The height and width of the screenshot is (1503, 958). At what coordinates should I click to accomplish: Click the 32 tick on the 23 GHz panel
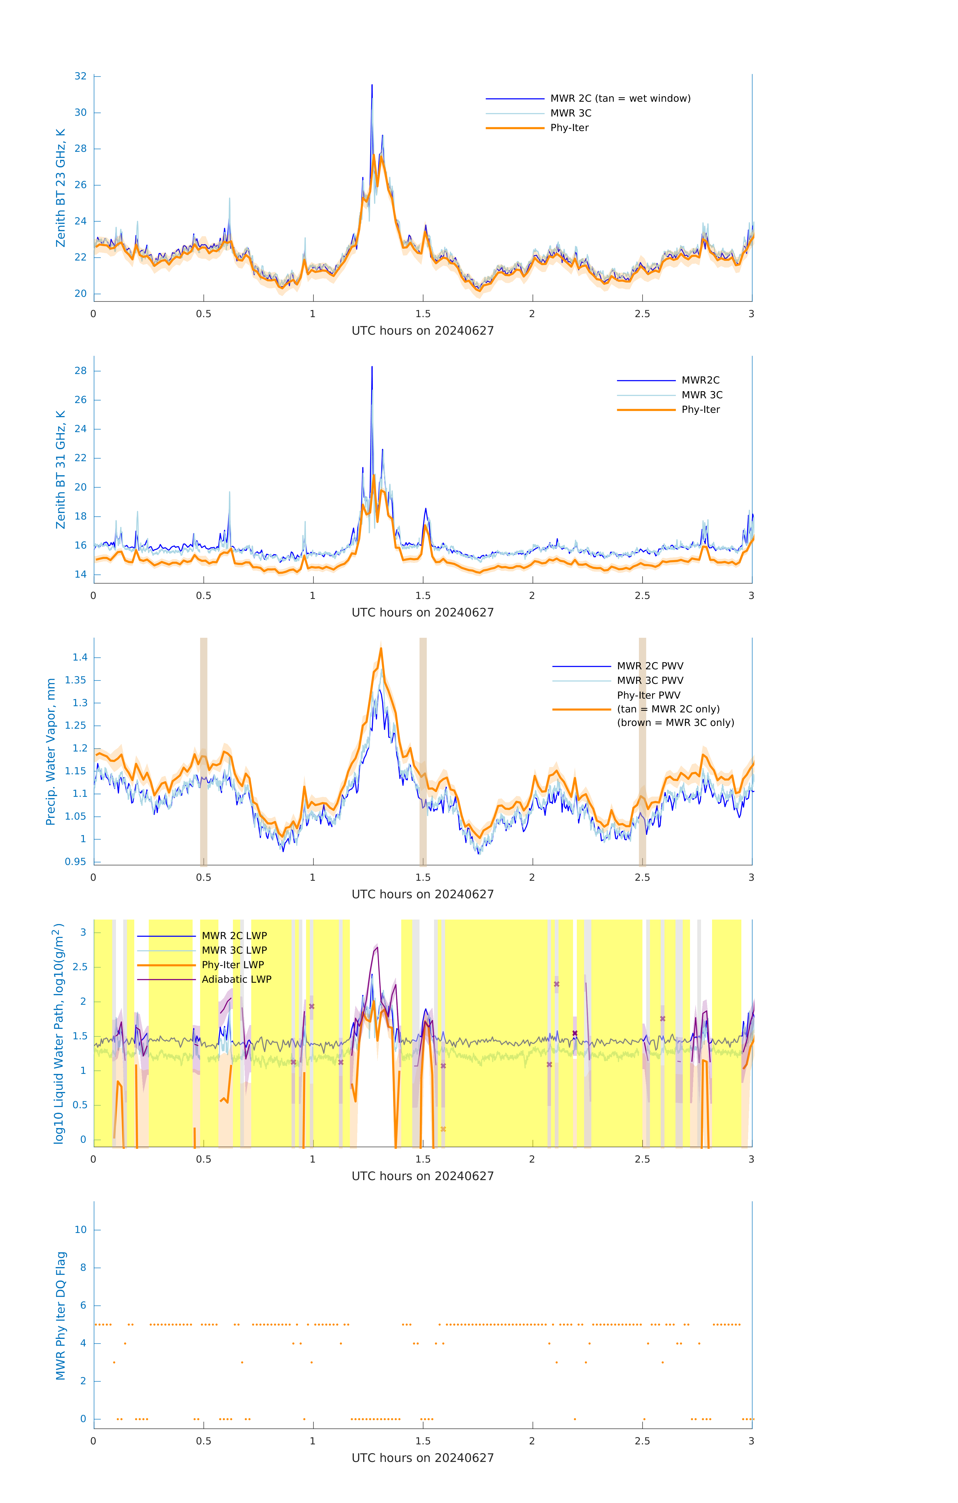click(x=80, y=76)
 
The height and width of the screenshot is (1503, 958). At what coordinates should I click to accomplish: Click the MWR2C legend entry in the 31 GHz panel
click(x=700, y=380)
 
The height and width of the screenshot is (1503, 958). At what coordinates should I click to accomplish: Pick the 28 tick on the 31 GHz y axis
click(x=80, y=371)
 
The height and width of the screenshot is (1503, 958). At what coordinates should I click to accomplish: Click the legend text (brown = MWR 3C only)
click(x=675, y=723)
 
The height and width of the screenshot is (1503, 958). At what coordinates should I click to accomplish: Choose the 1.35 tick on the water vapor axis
click(x=76, y=680)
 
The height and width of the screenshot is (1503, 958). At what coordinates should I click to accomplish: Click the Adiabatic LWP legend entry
click(x=236, y=979)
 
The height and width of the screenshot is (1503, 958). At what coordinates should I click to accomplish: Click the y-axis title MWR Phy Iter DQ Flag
click(x=61, y=1315)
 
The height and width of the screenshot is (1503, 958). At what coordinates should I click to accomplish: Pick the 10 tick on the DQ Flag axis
click(x=80, y=1230)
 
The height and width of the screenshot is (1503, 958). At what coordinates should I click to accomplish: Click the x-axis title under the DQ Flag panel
click(x=423, y=1458)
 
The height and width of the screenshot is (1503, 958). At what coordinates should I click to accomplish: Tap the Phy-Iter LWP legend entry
click(x=233, y=965)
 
